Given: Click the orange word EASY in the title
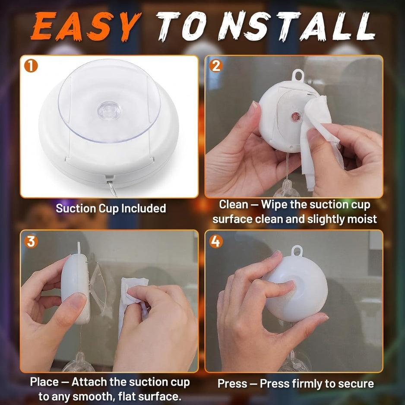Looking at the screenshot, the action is pos(86,26).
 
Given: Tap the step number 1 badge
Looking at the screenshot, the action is pos(31,66).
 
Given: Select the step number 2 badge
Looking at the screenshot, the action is pos(216,66).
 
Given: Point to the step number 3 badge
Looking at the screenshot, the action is pos(31,241).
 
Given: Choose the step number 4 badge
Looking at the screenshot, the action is pos(216,241).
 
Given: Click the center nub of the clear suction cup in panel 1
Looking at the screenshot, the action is pos(109,110).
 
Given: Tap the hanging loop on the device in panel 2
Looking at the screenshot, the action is pos(298,75).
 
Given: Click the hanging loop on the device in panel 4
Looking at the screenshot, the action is pos(297,251).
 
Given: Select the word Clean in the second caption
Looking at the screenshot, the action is pos(234,205).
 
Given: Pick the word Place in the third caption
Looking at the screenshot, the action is pos(44,382).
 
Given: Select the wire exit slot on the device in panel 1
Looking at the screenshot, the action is pos(110,178).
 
